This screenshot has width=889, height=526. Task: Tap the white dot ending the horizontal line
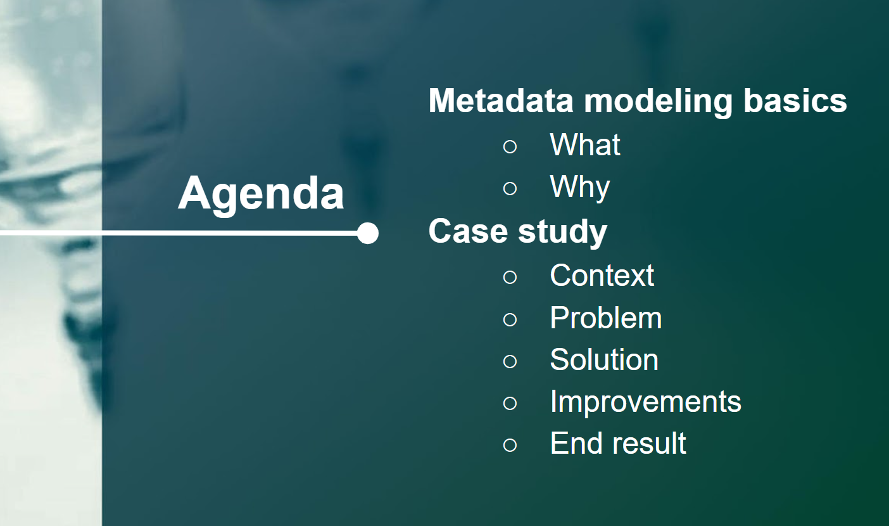[368, 233]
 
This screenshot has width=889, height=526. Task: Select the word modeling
[658, 102]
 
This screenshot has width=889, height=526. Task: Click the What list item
[585, 144]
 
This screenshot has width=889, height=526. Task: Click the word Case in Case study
[468, 231]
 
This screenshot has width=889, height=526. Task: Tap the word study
[563, 233]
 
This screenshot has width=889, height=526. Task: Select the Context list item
[602, 275]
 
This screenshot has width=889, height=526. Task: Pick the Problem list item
[605, 318]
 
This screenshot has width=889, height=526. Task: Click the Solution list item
[604, 359]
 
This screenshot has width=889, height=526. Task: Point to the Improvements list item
[645, 402]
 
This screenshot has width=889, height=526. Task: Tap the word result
[649, 443]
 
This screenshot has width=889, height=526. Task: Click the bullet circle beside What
[510, 146]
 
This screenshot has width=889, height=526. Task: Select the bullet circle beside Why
[510, 188]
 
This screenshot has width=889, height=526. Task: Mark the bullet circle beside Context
[510, 277]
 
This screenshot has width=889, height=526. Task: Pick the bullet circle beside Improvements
[510, 403]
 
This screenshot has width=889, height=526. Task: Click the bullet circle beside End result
[510, 445]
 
